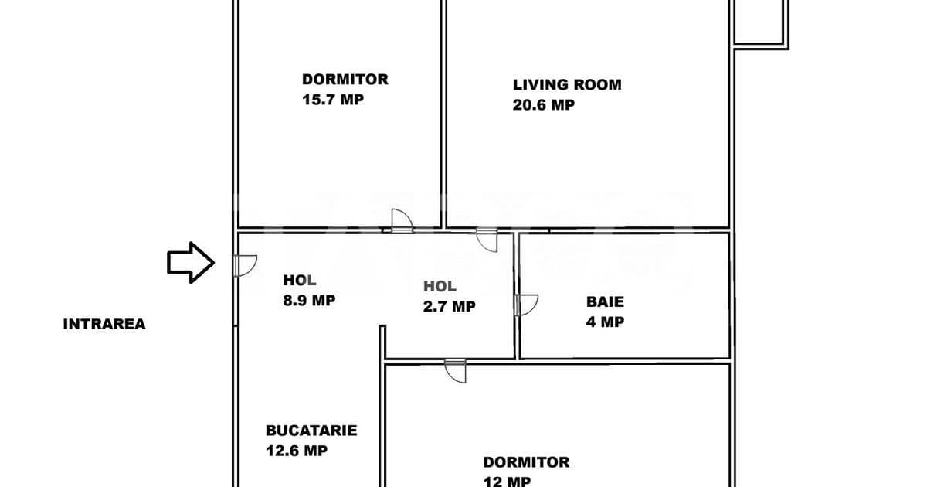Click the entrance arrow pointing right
coord(191,263)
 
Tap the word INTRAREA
coord(104,324)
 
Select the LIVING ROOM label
coord(567,84)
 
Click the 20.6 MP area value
coord(543,105)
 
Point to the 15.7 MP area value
coord(333,100)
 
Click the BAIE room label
coord(605,301)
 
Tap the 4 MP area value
coord(605,322)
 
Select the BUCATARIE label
coord(311,431)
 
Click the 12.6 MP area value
coord(297,451)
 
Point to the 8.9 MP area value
coord(309,300)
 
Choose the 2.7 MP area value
coord(449,306)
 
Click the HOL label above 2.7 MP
coord(440,286)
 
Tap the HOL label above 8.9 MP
coord(300,281)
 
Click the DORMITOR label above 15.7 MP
coord(345,79)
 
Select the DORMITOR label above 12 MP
coord(526,462)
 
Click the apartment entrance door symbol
coord(245,265)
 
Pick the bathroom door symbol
coord(526,305)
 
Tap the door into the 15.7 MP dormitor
coord(402,221)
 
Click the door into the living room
coord(487,240)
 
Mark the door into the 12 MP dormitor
coord(455,371)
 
